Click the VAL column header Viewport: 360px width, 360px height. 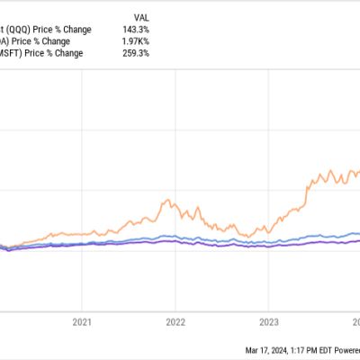(142, 17)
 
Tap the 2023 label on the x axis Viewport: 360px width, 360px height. (267, 319)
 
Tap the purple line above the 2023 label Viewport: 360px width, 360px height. (267, 244)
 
